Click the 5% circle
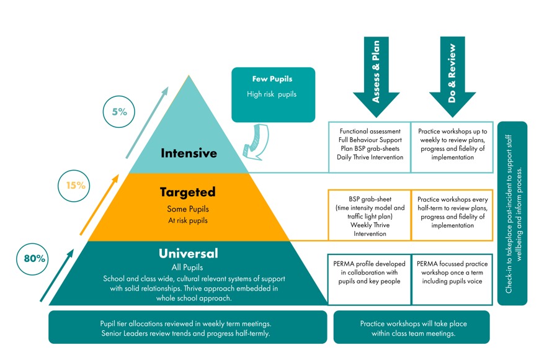pos(119,112)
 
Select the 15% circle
pos(76,184)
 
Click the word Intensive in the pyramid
pos(189,153)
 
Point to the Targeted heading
pos(187,192)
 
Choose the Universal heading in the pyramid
pos(188,253)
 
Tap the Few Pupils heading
pos(272,79)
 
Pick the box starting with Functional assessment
pos(370,145)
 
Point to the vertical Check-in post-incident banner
pos(512,213)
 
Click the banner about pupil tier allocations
pos(187,328)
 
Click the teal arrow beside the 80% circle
pos(56,277)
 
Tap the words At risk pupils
pos(187,220)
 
